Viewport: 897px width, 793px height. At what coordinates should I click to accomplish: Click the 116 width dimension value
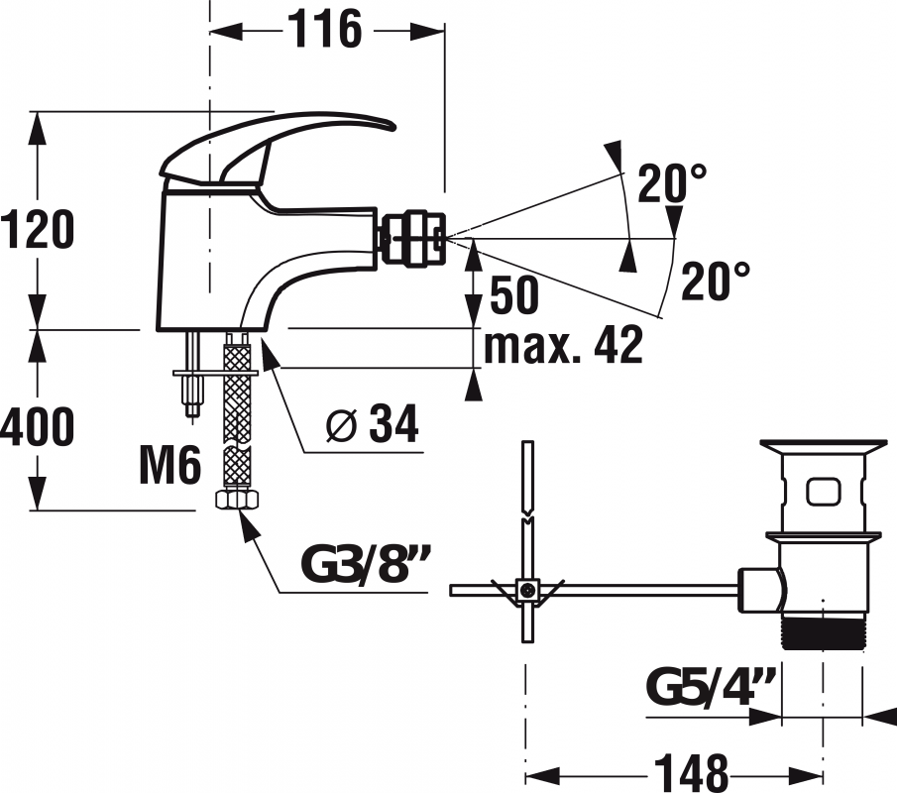pyautogui.click(x=324, y=29)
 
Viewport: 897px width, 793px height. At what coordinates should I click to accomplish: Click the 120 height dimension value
pyautogui.click(x=38, y=229)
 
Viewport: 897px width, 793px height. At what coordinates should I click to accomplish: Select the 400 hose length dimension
pyautogui.click(x=37, y=426)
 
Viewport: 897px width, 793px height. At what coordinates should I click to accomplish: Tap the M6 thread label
pyautogui.click(x=169, y=465)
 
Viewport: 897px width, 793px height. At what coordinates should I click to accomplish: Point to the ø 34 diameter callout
pyautogui.click(x=373, y=423)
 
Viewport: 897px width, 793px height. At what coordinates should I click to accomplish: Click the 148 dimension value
pyautogui.click(x=692, y=772)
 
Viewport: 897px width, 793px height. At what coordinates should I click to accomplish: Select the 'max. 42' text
pyautogui.click(x=564, y=345)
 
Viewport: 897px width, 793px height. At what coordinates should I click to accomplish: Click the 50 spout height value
pyautogui.click(x=514, y=294)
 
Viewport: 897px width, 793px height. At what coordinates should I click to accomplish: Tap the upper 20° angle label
pyautogui.click(x=672, y=183)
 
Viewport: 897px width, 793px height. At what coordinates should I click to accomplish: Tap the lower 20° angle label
pyautogui.click(x=715, y=281)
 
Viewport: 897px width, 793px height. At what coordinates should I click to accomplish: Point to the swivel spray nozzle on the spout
pyautogui.click(x=413, y=238)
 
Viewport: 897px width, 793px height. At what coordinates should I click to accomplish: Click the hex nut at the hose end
pyautogui.click(x=237, y=499)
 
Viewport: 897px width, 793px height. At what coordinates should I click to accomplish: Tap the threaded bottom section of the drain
pyautogui.click(x=824, y=632)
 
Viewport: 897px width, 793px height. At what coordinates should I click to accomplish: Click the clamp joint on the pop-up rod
pyautogui.click(x=527, y=590)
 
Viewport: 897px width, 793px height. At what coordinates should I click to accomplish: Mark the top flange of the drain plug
pyautogui.click(x=824, y=446)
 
